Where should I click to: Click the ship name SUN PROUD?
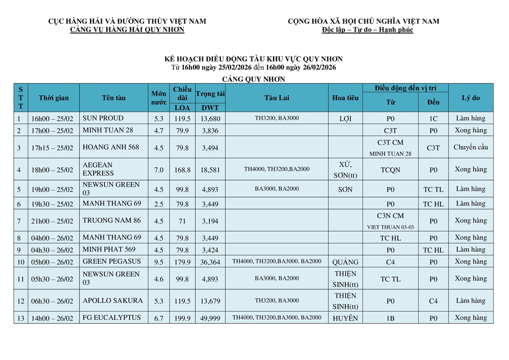[103, 118]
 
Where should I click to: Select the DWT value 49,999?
[210, 318]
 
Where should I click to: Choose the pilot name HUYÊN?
[345, 318]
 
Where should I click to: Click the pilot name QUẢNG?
[345, 262]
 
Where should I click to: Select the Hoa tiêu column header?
[345, 98]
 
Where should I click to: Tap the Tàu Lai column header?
[277, 98]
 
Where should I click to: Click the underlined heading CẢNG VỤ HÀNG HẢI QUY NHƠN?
[127, 30]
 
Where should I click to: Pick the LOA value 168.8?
[183, 170]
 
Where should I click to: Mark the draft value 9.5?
[159, 262]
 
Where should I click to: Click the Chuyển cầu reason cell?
[470, 148]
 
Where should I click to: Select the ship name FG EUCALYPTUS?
[111, 318]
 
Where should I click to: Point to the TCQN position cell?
[390, 170]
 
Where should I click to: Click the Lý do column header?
[470, 98]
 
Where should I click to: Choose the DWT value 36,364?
[210, 262]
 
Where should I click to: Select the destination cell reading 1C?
[433, 119]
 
